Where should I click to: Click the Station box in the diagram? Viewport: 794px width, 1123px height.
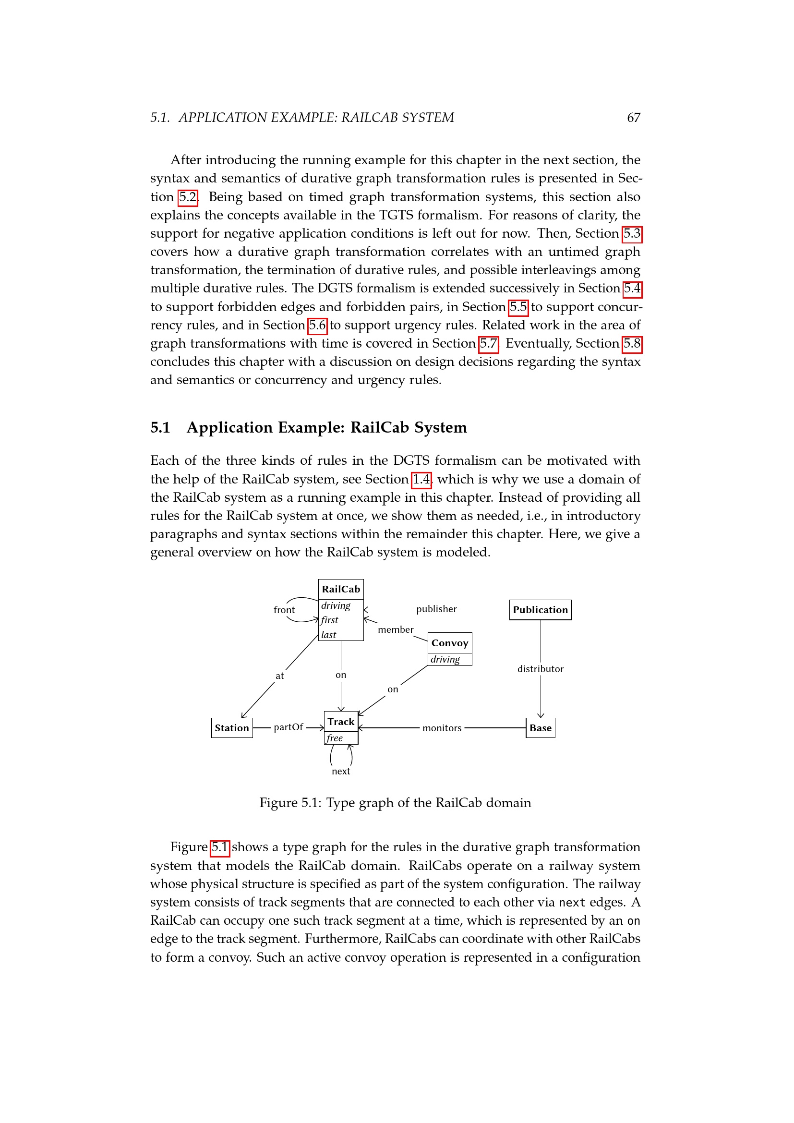(232, 728)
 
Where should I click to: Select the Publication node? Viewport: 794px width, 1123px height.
(540, 610)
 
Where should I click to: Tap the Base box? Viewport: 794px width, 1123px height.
(540, 728)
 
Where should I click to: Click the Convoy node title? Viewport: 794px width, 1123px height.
(450, 643)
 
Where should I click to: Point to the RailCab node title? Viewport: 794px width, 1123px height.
(341, 590)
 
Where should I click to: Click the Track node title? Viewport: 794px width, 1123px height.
(341, 722)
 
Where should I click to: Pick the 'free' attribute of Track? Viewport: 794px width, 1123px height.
(335, 738)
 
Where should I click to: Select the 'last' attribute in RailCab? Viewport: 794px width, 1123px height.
(328, 635)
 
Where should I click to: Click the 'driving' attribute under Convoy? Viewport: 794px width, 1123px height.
(445, 659)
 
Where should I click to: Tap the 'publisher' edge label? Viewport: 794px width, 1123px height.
(436, 609)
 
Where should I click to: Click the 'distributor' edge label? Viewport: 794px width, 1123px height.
(540, 669)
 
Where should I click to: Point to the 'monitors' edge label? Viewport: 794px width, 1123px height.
(442, 728)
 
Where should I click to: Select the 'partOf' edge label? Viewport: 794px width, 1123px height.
(289, 727)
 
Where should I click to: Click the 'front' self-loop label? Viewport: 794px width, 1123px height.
(284, 610)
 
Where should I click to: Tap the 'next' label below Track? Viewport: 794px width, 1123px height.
(341, 772)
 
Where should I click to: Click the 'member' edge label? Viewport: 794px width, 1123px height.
(396, 630)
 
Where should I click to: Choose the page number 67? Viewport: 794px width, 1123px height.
(634, 118)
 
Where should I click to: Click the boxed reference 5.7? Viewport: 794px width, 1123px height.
(488, 344)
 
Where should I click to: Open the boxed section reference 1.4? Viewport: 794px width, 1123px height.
(421, 479)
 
